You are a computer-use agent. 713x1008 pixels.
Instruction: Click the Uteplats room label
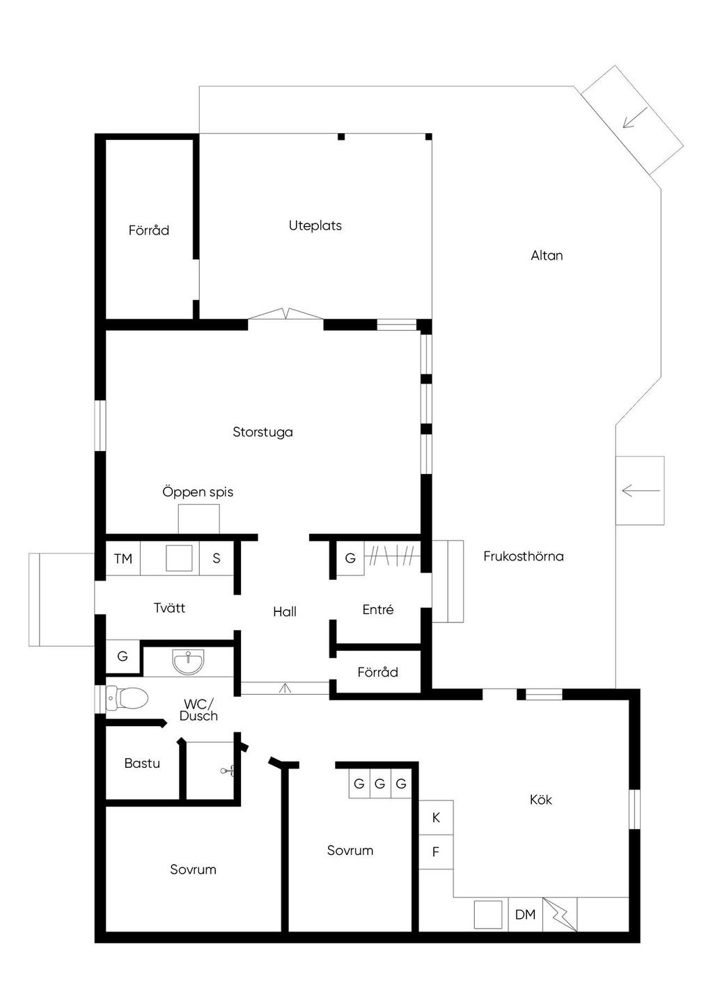pos(315,226)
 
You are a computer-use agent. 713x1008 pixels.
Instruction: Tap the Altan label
pos(547,255)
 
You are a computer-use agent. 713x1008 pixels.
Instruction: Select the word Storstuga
pos(263,432)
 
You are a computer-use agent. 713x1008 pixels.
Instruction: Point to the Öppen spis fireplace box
pos(199,519)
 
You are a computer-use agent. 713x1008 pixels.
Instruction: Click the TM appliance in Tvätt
pos(123,558)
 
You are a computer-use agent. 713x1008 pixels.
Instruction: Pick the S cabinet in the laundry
pos(217,558)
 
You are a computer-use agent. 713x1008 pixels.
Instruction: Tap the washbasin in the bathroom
pos(188,661)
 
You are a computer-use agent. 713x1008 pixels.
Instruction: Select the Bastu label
pos(142,763)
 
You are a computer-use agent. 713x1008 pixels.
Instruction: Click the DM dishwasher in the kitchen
pos(525,915)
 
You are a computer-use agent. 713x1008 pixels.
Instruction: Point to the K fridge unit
pos(436,818)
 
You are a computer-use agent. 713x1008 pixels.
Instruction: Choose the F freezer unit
pos(436,852)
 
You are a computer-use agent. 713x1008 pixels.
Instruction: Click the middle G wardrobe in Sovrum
pos(380,784)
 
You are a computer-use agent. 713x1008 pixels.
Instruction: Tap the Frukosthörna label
pos(524,556)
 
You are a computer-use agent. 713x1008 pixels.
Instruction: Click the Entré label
pos(378,609)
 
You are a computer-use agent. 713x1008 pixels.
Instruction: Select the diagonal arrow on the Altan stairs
pos(635,118)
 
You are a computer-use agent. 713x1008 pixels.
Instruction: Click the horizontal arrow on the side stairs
pos(641,491)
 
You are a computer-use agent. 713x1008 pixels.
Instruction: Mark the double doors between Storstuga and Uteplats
pos(286,314)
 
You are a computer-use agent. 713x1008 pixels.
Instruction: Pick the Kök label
pos(540,800)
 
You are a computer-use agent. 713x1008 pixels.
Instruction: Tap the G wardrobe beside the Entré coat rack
pos(350,558)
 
